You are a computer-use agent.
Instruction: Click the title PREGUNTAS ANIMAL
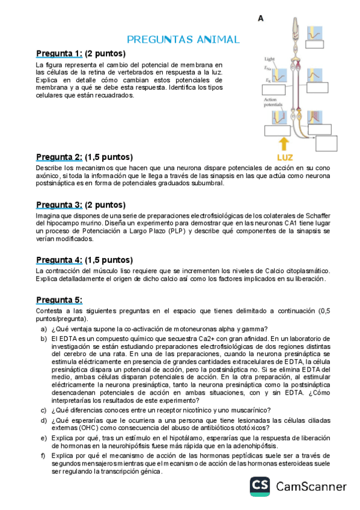click(x=183, y=40)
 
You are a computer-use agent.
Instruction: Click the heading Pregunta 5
click(x=58, y=300)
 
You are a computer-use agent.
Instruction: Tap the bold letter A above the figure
click(x=261, y=19)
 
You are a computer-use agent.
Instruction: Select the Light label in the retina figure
click(x=269, y=59)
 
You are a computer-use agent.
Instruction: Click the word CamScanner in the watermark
click(x=311, y=487)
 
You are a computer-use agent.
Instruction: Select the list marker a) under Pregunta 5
click(x=44, y=328)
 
